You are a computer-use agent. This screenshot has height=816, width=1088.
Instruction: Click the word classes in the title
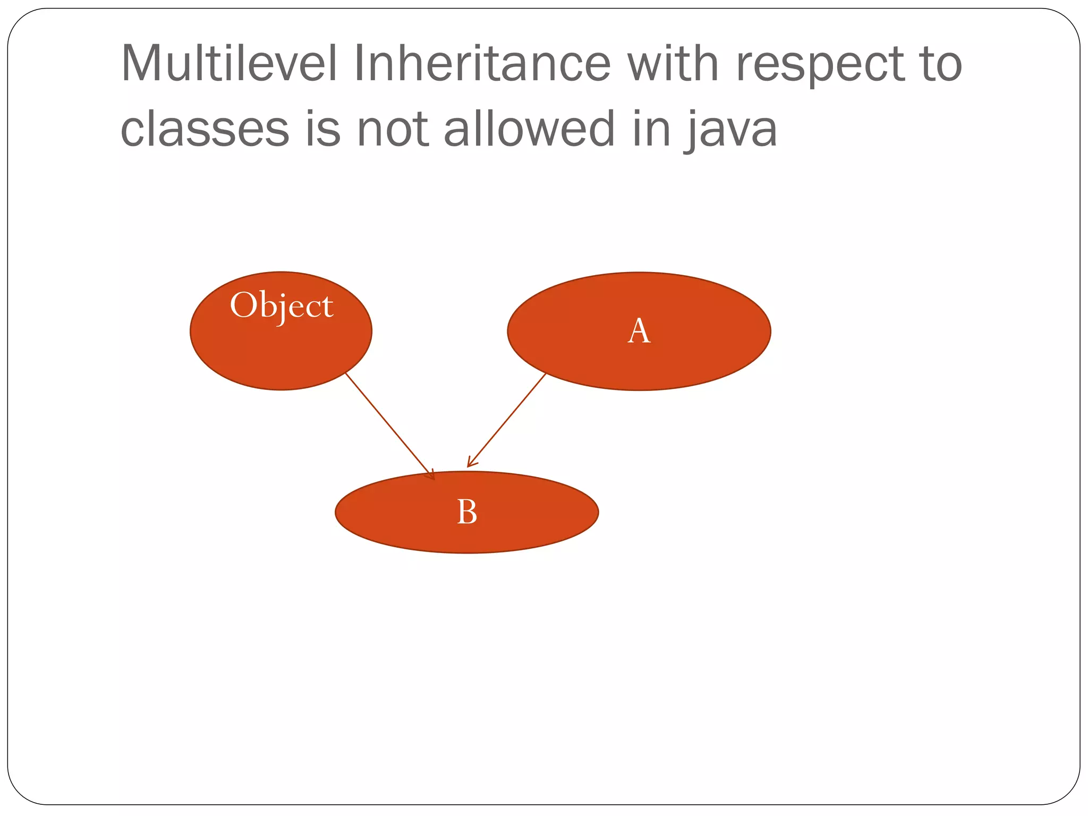tap(205, 129)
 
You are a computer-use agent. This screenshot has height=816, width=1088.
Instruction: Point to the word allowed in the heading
tap(529, 129)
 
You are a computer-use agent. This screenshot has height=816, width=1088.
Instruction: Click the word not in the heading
tap(393, 129)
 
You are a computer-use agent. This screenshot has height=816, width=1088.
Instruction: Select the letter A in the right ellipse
tap(639, 331)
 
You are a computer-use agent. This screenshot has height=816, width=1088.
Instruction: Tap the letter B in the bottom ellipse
tap(467, 512)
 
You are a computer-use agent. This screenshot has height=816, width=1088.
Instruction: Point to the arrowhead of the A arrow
tap(469, 465)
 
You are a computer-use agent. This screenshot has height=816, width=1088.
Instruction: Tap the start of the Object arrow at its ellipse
tap(346, 374)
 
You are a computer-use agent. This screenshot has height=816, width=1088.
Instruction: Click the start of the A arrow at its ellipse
tap(545, 375)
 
